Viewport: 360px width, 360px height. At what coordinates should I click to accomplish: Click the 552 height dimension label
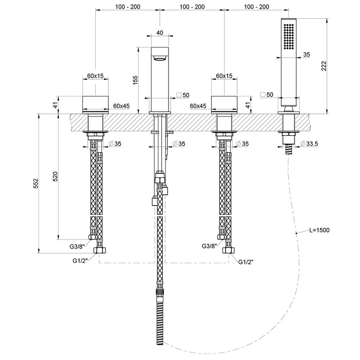(x=36, y=183)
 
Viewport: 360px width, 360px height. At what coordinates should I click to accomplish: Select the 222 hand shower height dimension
(x=324, y=66)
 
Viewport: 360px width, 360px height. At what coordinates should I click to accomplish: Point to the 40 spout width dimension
(x=159, y=32)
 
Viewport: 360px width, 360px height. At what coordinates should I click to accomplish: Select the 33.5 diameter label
(x=310, y=144)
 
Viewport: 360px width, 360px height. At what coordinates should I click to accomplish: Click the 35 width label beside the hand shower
(x=307, y=54)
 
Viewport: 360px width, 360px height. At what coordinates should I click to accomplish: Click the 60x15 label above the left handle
(x=95, y=75)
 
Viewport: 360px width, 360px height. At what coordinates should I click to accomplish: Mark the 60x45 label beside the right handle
(x=198, y=105)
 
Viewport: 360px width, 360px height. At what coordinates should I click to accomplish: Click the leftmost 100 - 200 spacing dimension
(x=127, y=7)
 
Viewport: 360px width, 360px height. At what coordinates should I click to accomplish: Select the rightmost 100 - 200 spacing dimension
(x=257, y=7)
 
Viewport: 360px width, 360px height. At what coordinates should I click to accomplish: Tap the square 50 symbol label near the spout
(x=183, y=95)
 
